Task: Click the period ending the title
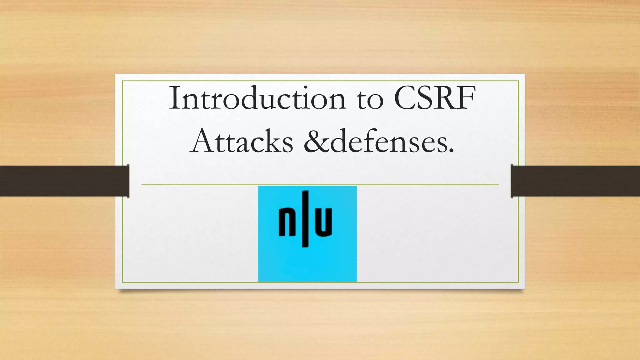[450, 152]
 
